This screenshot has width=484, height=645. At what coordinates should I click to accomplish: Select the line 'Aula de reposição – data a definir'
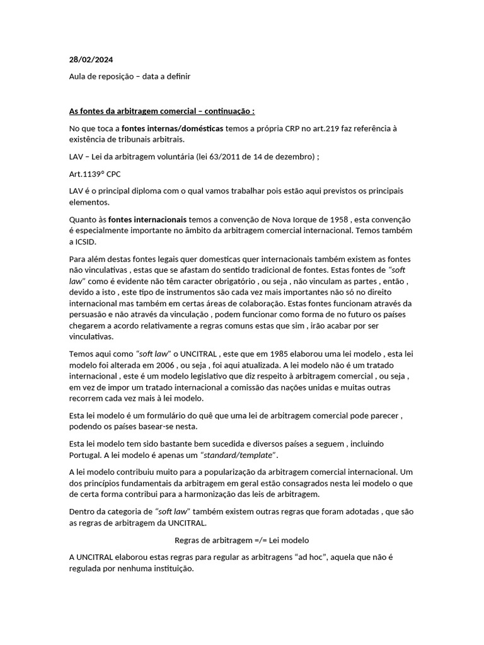129,76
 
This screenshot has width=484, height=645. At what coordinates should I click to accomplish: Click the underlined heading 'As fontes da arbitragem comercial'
162,111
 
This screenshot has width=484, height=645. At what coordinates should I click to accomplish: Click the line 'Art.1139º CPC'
95,173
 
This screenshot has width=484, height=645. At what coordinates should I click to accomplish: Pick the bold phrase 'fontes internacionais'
147,219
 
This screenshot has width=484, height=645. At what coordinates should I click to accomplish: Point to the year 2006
173,365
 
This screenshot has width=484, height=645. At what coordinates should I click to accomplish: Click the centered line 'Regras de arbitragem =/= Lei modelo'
241,540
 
